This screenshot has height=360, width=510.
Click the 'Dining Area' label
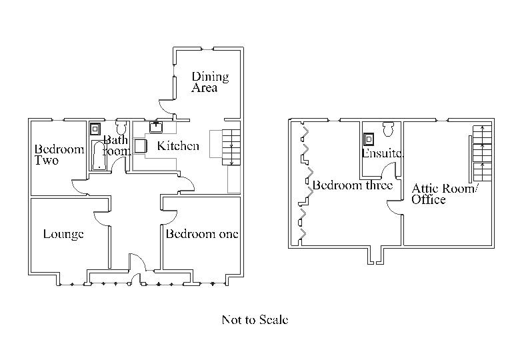pos(210,81)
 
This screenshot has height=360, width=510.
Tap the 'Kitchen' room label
pos(177,146)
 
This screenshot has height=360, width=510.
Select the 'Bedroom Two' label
pos(59,155)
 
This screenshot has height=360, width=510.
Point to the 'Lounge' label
pos(63,234)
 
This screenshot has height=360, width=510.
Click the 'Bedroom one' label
pos(202,234)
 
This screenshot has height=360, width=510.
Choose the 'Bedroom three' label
pos(353,185)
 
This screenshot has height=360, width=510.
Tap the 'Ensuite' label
pos(383,153)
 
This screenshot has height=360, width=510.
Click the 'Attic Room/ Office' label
pos(445,193)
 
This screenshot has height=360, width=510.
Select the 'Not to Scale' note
pos(255,320)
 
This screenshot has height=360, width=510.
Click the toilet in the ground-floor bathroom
pos(122,127)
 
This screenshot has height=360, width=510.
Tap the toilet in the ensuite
pos(389,127)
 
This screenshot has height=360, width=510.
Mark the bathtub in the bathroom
pos(98,154)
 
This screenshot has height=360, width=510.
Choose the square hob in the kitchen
pos(141,145)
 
